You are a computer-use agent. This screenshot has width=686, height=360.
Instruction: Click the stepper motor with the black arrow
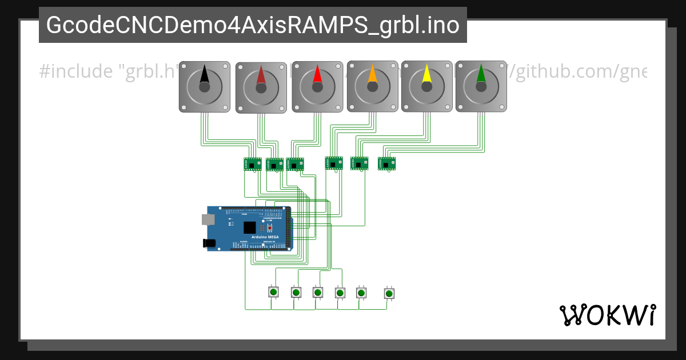(205, 86)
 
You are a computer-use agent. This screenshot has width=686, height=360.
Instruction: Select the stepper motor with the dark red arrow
(261, 87)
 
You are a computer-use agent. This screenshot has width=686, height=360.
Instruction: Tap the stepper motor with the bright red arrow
(317, 86)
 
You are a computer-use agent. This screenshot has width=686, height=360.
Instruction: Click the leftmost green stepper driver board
(253, 164)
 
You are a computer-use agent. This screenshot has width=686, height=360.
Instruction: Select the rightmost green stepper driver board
(386, 163)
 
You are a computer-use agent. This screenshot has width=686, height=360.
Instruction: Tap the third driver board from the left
(295, 164)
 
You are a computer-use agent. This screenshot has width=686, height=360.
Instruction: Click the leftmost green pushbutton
(273, 292)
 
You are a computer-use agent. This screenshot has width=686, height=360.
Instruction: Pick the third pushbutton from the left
(317, 292)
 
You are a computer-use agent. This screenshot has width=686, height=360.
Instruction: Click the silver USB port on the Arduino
(206, 219)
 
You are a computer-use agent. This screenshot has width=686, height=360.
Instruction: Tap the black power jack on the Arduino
(209, 243)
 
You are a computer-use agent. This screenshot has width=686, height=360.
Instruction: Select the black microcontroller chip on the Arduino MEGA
(249, 227)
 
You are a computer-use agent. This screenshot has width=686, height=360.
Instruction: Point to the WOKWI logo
(607, 315)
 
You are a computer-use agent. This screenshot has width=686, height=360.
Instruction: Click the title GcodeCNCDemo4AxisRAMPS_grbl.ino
(253, 25)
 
